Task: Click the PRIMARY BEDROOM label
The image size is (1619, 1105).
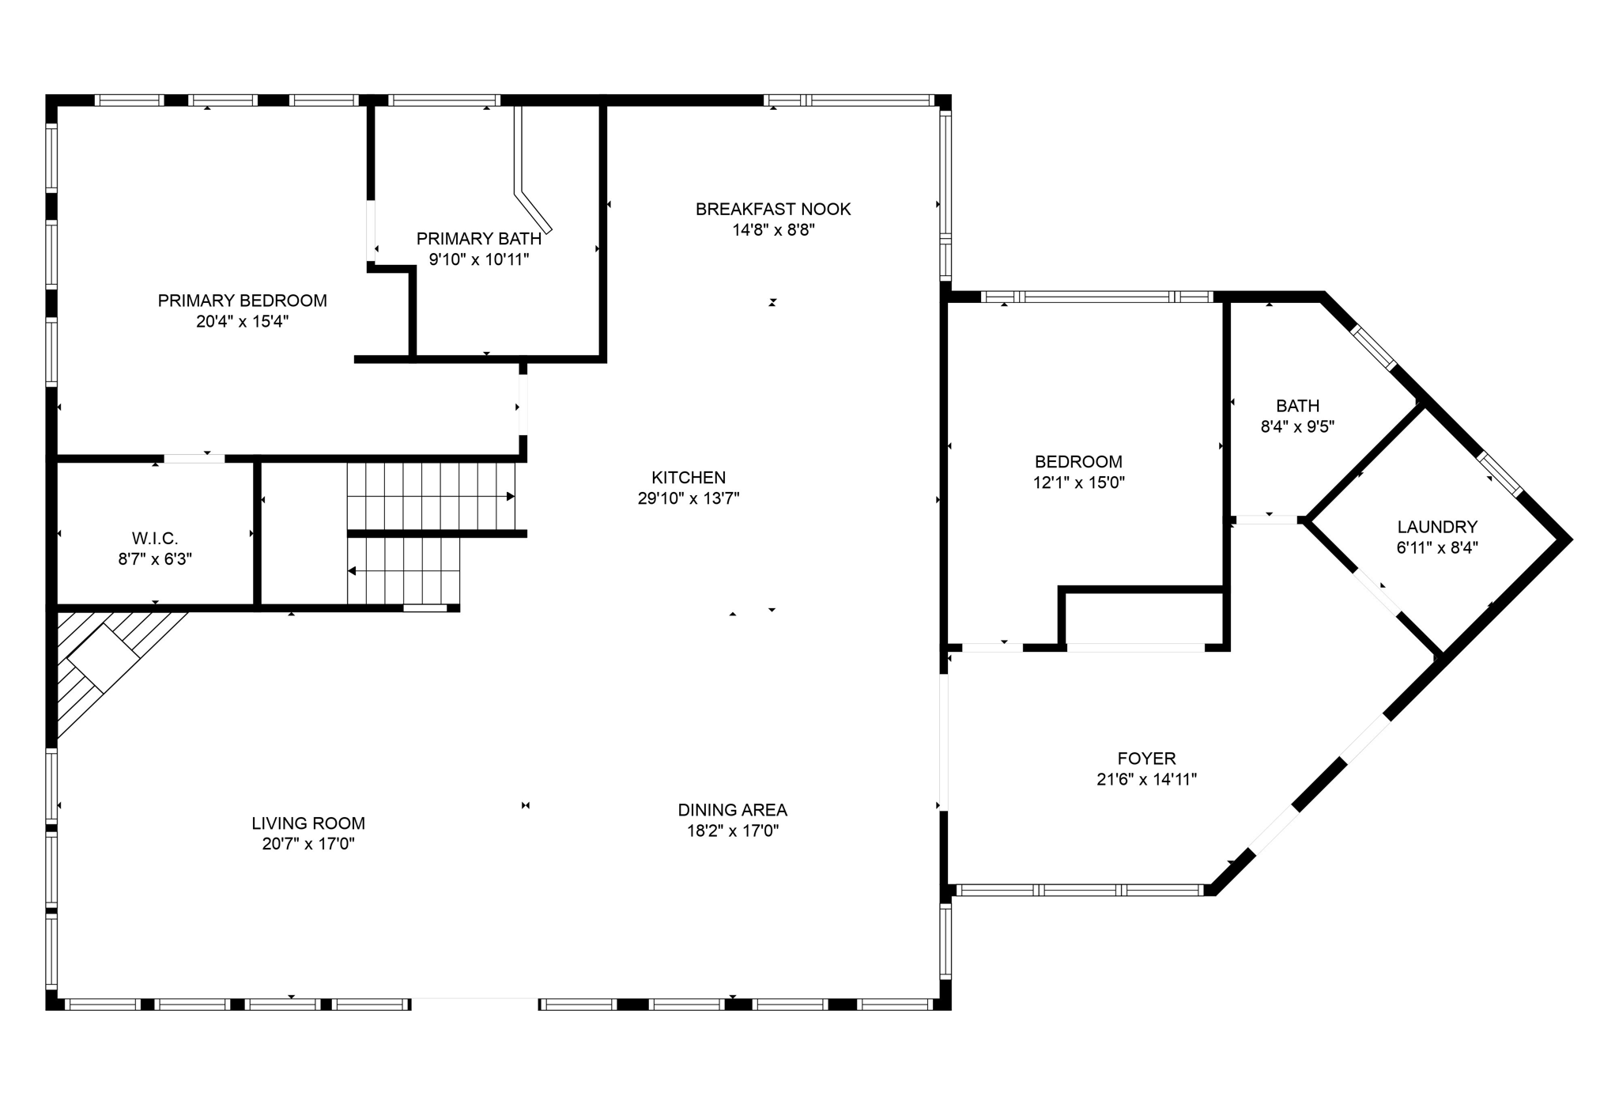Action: (x=242, y=301)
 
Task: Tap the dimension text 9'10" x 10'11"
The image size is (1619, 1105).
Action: (x=478, y=259)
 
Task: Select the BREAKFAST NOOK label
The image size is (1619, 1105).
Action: (x=772, y=209)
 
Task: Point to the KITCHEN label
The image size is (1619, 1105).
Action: (x=688, y=477)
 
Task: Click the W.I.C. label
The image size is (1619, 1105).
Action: (x=155, y=539)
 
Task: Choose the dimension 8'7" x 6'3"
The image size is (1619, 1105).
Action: (x=155, y=559)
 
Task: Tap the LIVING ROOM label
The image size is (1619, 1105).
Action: (x=308, y=823)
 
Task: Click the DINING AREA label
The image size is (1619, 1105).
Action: (x=732, y=810)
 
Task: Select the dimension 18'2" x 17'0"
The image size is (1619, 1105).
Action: (x=732, y=831)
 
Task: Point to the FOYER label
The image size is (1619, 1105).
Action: (x=1146, y=759)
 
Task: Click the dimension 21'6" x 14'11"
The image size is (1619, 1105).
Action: (x=1146, y=779)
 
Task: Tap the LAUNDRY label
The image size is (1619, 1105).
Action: (x=1436, y=527)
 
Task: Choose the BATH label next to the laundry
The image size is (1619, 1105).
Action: (x=1297, y=406)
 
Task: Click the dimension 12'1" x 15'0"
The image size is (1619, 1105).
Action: (x=1078, y=482)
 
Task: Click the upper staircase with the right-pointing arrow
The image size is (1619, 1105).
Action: (x=431, y=496)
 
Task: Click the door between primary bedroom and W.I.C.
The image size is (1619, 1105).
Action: (x=194, y=458)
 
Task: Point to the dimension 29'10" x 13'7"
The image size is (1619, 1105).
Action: (x=688, y=498)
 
